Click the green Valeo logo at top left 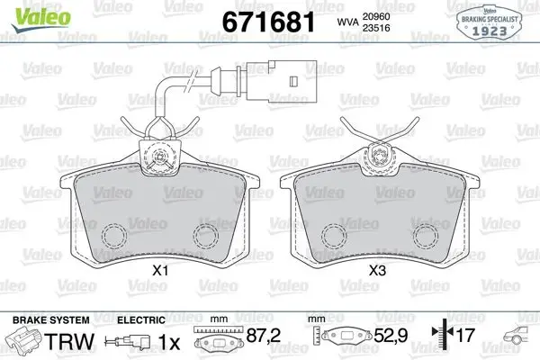(40, 18)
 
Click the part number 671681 (268, 22)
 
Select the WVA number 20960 (375, 16)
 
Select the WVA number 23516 (375, 28)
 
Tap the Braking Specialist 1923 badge (490, 22)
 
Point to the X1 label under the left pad (160, 271)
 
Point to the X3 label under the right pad (377, 271)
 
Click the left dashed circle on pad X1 (114, 236)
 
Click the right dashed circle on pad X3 (426, 236)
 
